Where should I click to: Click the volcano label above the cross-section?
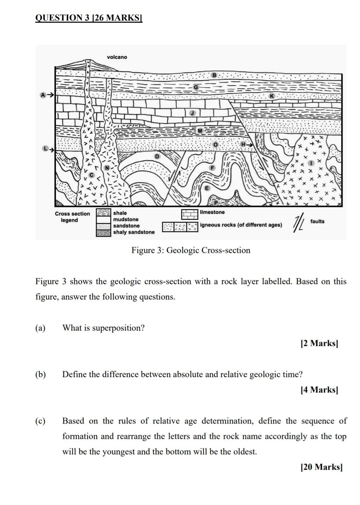pos(117,57)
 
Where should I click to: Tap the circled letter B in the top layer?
pos(214,75)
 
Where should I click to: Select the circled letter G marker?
pos(196,87)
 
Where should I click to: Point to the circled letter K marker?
pos(272,96)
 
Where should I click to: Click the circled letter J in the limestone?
pos(192,113)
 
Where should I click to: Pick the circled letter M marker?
pos(200,130)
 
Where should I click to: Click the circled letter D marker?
pos(157,156)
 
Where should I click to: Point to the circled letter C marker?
pos(92,174)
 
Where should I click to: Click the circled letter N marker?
pos(107,168)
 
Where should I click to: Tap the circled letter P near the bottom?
pos(216,203)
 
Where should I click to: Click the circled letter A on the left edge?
pos(43,95)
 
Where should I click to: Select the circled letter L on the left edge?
pos(45,149)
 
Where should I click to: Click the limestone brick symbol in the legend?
pos(189,214)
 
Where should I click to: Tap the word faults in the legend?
pos(317,221)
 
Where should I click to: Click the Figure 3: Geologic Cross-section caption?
pos(190,250)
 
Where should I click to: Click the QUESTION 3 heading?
pos(89,17)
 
